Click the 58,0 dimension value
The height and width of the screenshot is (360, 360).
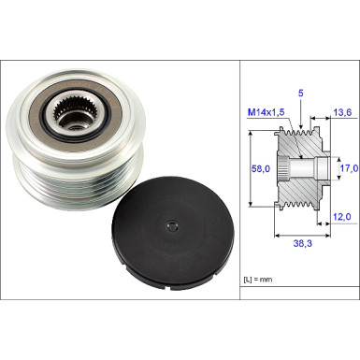pos(260,169)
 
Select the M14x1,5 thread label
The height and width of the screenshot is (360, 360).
pos(266,112)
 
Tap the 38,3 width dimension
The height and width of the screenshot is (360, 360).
pos(302,243)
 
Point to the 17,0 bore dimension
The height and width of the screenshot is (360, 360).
pos(349,169)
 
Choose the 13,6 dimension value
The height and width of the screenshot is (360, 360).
pos(342,112)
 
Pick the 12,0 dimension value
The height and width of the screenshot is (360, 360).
pos(342,216)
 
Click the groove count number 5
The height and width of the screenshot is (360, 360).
pos(301,93)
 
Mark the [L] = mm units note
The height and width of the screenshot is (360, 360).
pos(258,280)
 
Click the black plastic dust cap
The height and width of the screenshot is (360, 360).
pos(172,231)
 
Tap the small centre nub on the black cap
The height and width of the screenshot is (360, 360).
pos(172,226)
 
